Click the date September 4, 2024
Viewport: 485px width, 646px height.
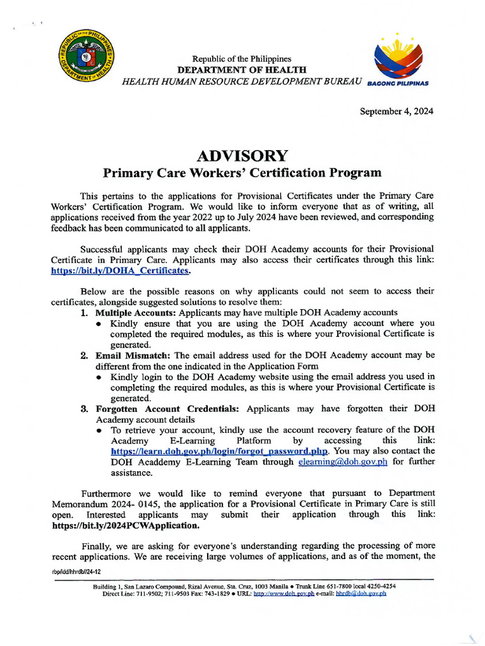(x=397, y=112)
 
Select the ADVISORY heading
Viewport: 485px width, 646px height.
(x=242, y=156)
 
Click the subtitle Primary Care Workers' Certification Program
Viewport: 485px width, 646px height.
(x=242, y=173)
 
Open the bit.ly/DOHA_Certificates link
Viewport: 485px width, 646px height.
(x=120, y=271)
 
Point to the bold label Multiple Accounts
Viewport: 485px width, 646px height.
(x=135, y=312)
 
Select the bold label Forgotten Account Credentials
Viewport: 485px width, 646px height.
(x=167, y=409)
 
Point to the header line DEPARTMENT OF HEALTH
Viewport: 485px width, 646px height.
(x=242, y=70)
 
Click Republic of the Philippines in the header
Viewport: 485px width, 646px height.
(x=242, y=59)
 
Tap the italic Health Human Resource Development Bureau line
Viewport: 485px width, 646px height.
(x=242, y=81)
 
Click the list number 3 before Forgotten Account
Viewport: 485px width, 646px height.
(x=84, y=409)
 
